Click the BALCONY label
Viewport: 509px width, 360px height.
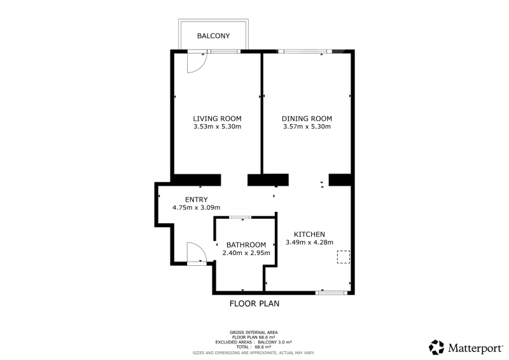pyautogui.click(x=213, y=36)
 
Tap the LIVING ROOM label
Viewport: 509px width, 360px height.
pyautogui.click(x=217, y=118)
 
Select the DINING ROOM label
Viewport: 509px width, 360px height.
pyautogui.click(x=307, y=118)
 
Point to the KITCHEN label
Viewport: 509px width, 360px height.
pyautogui.click(x=309, y=234)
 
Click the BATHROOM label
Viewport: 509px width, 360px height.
pyautogui.click(x=246, y=245)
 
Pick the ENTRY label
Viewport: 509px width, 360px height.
pyautogui.click(x=197, y=199)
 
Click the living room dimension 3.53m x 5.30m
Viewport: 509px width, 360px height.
pyautogui.click(x=217, y=127)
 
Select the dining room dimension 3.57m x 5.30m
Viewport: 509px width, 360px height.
pyautogui.click(x=307, y=127)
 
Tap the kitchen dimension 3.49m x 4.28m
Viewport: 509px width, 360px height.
pyautogui.click(x=309, y=242)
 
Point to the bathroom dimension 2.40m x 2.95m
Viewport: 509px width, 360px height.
pyautogui.click(x=246, y=253)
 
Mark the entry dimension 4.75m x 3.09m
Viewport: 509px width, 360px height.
pyautogui.click(x=197, y=207)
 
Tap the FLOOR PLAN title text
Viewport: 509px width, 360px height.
pyautogui.click(x=254, y=303)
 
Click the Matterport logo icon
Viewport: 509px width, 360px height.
pyautogui.click(x=436, y=347)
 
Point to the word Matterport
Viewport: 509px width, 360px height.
pyautogui.click(x=475, y=349)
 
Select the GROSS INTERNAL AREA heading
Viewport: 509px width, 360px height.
pyautogui.click(x=253, y=333)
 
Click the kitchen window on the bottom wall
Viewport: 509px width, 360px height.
pyautogui.click(x=331, y=293)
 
